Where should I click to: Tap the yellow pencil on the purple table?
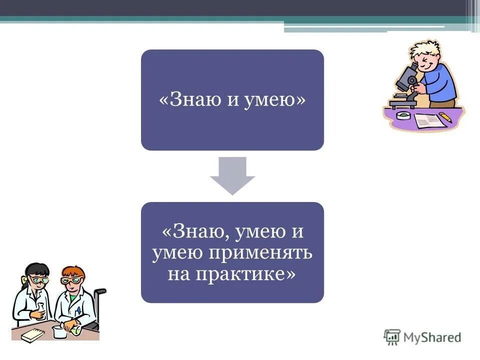[444, 117]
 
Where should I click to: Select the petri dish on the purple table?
[403, 115]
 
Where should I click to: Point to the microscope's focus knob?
[411, 80]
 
